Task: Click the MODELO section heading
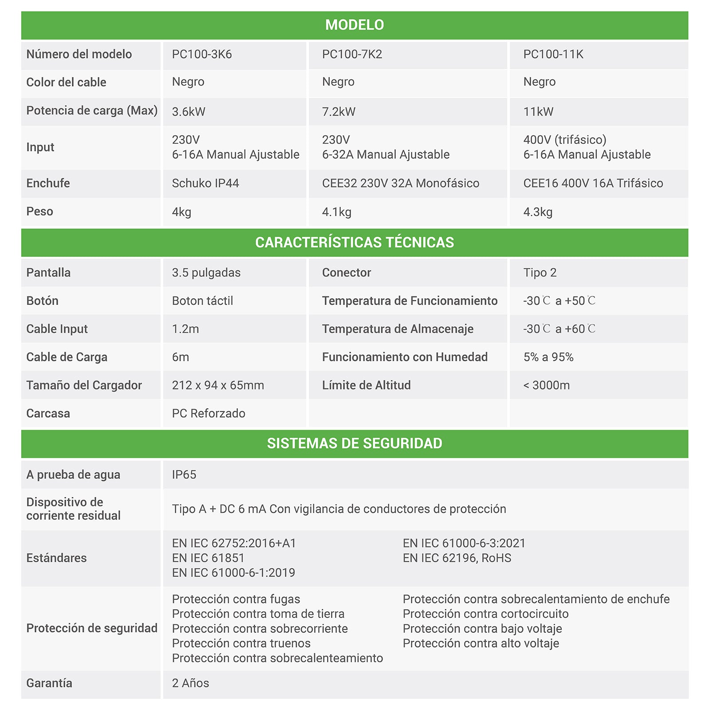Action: pos(355,25)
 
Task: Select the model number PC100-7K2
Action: pos(352,54)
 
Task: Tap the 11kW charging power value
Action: pos(538,111)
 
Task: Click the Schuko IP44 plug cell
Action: pos(205,183)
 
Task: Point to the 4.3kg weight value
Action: pos(538,212)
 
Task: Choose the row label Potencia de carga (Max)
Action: pos(92,110)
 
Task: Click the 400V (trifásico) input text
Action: pos(564,140)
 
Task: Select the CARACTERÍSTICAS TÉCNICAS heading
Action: pos(355,242)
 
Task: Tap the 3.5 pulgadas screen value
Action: pos(206,272)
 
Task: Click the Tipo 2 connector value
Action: pos(540,272)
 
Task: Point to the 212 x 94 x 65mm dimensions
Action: pos(218,385)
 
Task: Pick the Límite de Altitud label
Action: pos(366,385)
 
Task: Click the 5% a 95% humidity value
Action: pos(548,357)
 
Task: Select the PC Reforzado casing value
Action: pos(209,413)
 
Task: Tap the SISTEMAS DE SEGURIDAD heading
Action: pos(355,443)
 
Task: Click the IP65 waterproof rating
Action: pos(184,474)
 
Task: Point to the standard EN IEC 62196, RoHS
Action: pos(457,558)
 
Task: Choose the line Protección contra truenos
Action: pos(241,643)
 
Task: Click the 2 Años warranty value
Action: pos(190,683)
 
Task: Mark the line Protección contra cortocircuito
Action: pos(485,614)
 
